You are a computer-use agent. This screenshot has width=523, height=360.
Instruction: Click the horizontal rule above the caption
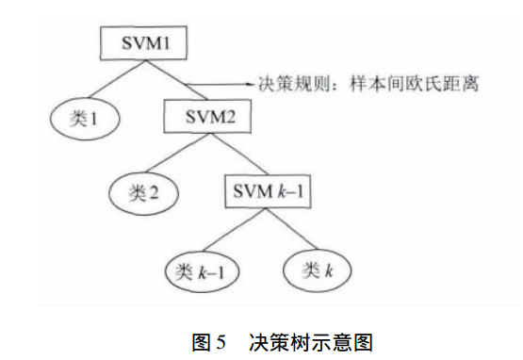[261, 307]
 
